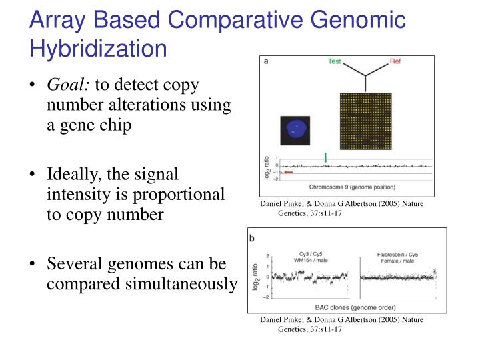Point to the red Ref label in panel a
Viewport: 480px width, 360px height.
396,62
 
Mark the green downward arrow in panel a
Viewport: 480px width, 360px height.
325,158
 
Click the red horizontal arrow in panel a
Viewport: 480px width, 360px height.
289,172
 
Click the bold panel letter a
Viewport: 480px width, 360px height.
266,61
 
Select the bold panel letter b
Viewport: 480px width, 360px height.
253,237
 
